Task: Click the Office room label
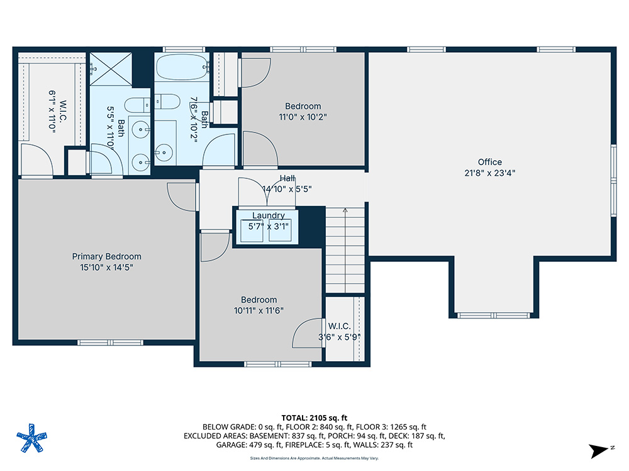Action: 489,162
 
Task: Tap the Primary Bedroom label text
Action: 106,256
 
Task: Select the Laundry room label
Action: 268,215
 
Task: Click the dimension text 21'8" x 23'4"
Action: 489,173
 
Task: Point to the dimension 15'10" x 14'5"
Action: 106,267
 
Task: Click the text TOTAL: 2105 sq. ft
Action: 314,418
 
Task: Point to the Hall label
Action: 287,179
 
